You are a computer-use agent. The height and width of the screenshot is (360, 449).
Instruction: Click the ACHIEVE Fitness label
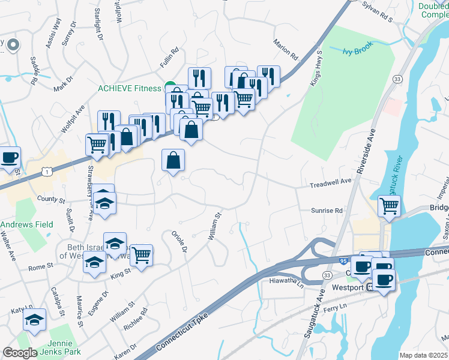coord(130,88)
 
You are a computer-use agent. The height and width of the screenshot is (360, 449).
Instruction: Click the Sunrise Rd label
coord(327,211)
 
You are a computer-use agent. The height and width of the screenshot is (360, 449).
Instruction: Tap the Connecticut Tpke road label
coord(181,332)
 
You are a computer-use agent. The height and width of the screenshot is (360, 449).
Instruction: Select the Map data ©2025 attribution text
coord(423,355)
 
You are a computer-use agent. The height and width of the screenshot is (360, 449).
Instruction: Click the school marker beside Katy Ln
coord(35,320)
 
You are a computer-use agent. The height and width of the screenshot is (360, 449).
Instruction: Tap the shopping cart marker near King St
coord(141,254)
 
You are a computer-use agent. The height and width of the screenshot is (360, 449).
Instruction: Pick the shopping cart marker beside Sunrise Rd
coord(390,206)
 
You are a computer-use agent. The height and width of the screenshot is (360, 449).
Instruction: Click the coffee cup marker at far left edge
coord(9,158)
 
